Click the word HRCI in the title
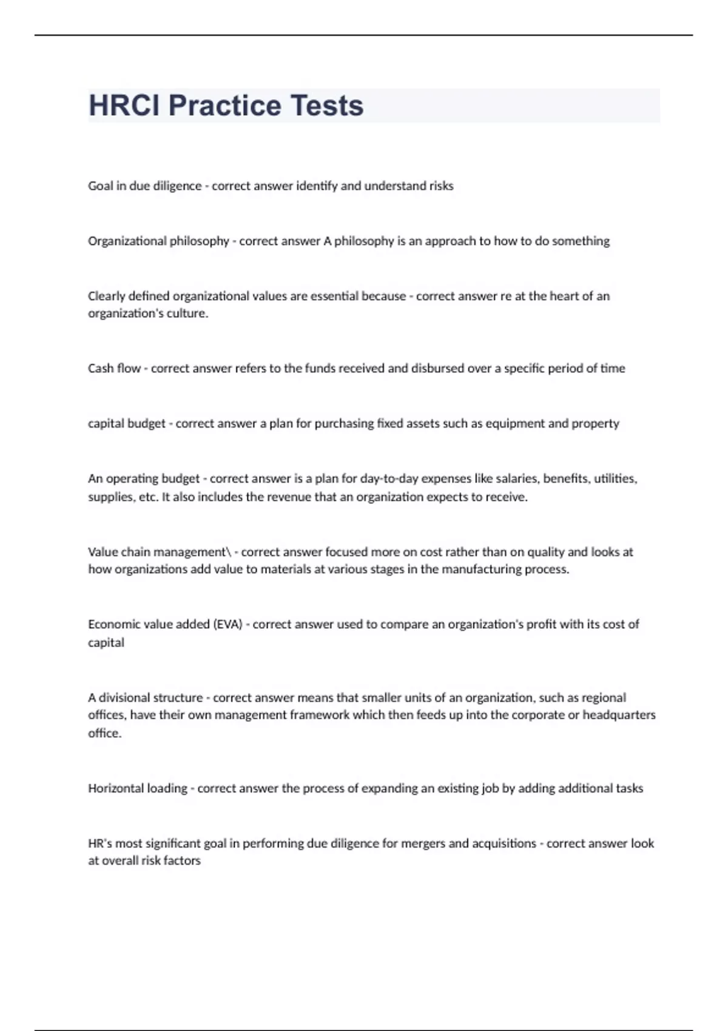(x=124, y=106)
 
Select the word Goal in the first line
(x=99, y=186)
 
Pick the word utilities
(x=615, y=479)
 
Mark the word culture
(x=189, y=314)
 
